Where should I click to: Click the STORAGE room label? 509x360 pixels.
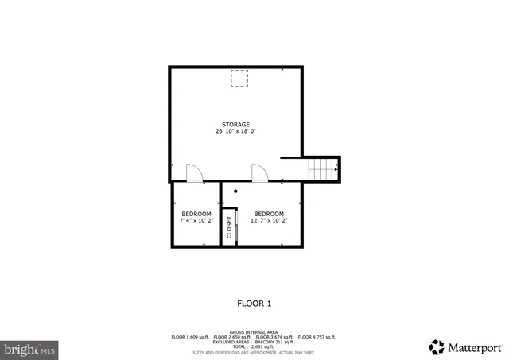[x=235, y=125]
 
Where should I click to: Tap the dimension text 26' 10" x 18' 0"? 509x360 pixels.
[x=235, y=132]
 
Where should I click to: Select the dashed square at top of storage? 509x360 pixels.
[x=239, y=78]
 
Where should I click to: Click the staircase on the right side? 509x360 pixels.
[x=324, y=168]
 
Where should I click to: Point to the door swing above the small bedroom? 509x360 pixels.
[x=194, y=173]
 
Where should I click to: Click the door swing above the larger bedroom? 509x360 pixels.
[x=260, y=173]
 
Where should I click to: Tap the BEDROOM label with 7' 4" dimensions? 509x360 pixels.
[x=196, y=214]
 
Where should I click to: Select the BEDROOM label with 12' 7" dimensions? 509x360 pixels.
[x=269, y=214]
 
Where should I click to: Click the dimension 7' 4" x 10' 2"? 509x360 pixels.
[x=196, y=221]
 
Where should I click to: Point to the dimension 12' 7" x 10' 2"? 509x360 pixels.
[x=269, y=221]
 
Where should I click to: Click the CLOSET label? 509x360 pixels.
[x=230, y=227]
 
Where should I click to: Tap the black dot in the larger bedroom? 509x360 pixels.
[x=235, y=191]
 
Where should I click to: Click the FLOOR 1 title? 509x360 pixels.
[x=254, y=303]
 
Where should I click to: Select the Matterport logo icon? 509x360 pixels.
[x=437, y=347]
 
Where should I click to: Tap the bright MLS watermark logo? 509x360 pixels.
[x=30, y=348]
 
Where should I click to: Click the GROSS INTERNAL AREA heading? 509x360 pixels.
[x=254, y=331]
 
